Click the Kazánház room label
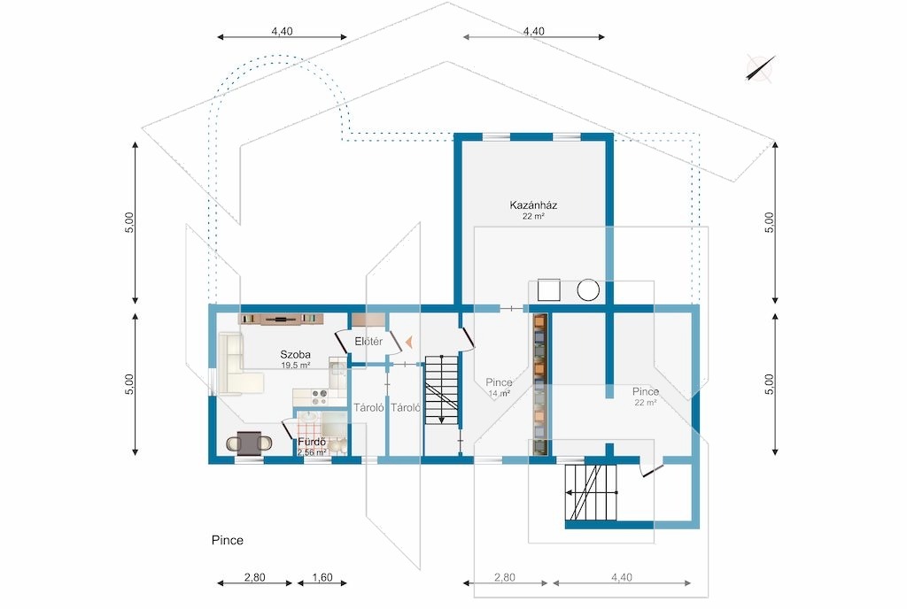(x=532, y=205)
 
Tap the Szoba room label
(x=295, y=355)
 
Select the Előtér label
(x=368, y=342)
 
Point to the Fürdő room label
(x=312, y=443)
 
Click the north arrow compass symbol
(x=759, y=69)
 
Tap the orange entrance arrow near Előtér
(x=409, y=342)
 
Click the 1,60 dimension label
(x=322, y=577)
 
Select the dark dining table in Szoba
(x=249, y=443)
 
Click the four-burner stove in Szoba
(x=320, y=397)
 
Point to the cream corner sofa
(x=237, y=366)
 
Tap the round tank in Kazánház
(x=588, y=289)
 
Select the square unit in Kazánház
(x=548, y=290)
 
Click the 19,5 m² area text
(x=296, y=366)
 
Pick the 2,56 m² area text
(x=312, y=452)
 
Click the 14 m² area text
(x=499, y=394)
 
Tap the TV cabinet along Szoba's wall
(x=281, y=319)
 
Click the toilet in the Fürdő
(x=337, y=445)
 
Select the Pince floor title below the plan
(x=228, y=540)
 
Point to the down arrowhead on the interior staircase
(x=442, y=420)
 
